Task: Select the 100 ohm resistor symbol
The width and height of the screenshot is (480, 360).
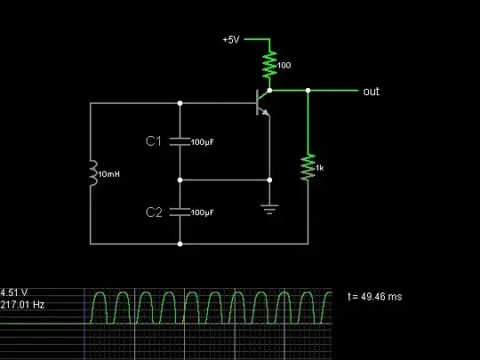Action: coord(268,64)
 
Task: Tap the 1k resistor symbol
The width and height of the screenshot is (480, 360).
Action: coord(308,167)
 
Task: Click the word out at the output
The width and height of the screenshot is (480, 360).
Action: coord(372,92)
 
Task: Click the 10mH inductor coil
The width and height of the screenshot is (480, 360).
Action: coord(92,173)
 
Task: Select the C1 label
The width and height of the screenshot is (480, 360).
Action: coord(155,140)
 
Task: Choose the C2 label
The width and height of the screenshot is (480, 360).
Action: coord(155,212)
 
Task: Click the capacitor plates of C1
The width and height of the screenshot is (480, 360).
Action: coord(180,140)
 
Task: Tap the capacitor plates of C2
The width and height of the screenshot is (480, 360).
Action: coord(180,212)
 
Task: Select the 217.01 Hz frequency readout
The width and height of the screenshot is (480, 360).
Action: coord(22,305)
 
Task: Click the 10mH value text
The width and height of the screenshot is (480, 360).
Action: coord(108,174)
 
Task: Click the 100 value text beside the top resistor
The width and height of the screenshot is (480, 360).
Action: coord(285,65)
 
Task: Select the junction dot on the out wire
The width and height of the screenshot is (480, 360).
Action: coord(308,91)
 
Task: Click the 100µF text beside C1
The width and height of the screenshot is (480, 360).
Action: coord(204,141)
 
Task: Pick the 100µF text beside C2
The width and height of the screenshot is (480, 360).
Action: coord(204,212)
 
